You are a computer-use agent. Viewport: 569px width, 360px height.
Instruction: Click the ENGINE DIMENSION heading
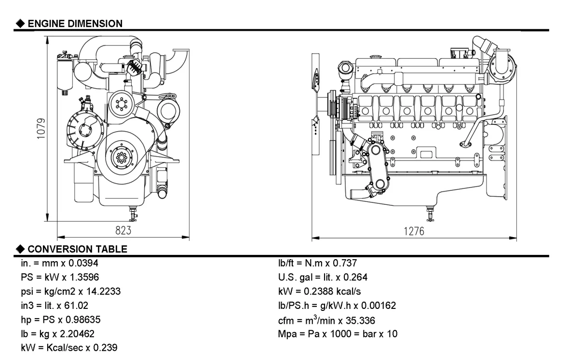[75, 23]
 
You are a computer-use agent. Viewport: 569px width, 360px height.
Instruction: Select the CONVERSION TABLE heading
[78, 249]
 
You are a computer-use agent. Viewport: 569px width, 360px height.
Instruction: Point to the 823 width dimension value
[123, 230]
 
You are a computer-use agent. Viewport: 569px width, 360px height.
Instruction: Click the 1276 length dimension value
[414, 231]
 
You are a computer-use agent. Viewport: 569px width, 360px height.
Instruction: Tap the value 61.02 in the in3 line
[78, 306]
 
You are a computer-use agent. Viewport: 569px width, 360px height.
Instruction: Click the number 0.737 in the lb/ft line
[345, 263]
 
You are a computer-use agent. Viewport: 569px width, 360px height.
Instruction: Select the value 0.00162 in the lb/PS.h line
[379, 306]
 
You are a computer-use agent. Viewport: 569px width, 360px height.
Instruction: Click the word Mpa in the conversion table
[286, 334]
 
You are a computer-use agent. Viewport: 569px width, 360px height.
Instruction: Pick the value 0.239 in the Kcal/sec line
[106, 347]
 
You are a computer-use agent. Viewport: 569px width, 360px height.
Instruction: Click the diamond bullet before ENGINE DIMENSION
[20, 23]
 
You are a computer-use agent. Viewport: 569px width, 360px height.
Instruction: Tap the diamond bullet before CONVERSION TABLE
[20, 249]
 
